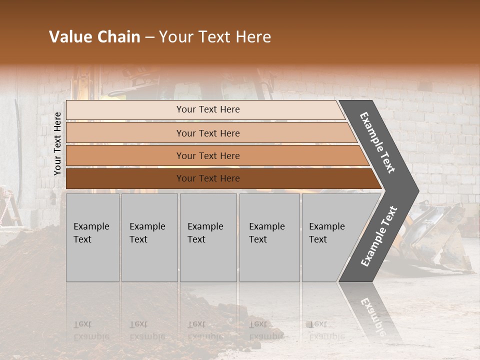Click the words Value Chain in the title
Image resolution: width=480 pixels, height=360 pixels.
click(94, 37)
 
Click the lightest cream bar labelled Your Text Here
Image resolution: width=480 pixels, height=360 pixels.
click(207, 109)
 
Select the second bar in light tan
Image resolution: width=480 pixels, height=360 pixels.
click(207, 133)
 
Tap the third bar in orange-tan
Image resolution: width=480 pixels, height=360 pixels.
click(207, 155)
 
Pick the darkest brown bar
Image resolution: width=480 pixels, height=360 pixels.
click(207, 178)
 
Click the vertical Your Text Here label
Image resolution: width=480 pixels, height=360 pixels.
click(57, 143)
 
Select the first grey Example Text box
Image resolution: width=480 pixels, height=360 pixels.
click(92, 237)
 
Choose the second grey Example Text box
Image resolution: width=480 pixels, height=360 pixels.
click(149, 237)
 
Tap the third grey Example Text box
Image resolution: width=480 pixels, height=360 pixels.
click(207, 237)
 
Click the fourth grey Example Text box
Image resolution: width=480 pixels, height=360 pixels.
click(269, 237)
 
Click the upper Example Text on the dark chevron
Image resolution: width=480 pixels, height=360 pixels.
click(378, 142)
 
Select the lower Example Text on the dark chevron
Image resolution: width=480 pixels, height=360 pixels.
click(379, 236)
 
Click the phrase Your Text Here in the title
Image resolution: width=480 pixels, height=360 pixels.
click(215, 37)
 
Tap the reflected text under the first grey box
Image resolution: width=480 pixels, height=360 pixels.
click(91, 330)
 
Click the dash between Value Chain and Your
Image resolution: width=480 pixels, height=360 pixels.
click(149, 38)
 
